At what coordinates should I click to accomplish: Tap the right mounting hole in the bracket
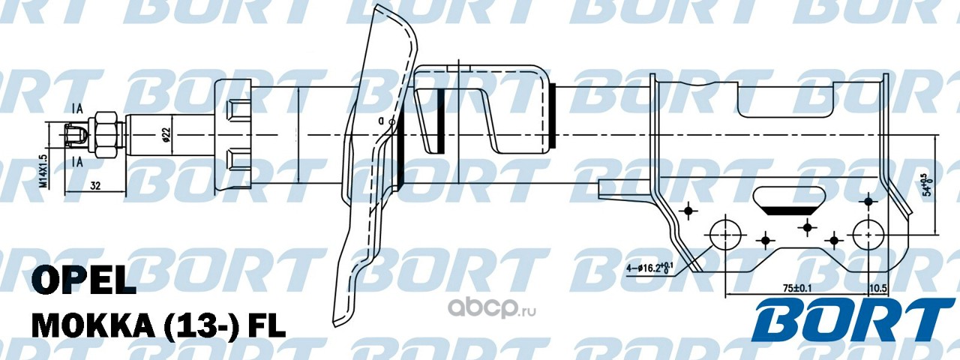[868, 234]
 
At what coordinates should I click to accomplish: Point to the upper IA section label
[77, 109]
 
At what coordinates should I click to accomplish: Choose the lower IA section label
[77, 161]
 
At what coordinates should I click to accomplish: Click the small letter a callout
[381, 120]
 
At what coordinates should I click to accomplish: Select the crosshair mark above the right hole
[868, 201]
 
